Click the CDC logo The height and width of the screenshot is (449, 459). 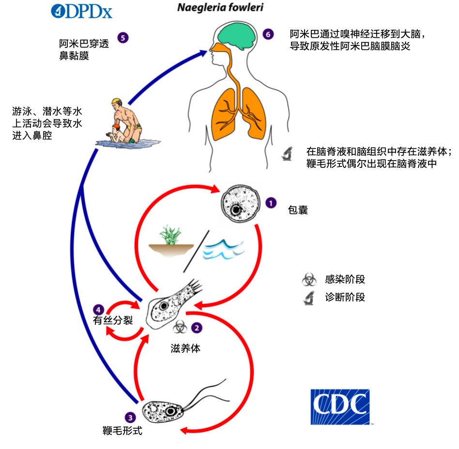click(340, 406)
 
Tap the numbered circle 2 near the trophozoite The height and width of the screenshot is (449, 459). click(197, 328)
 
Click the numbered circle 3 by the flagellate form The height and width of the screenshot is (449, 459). click(130, 416)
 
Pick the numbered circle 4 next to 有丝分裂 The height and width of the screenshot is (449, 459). click(99, 309)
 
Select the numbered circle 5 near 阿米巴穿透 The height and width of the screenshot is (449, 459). click(123, 37)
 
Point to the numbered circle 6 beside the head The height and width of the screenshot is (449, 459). click(268, 34)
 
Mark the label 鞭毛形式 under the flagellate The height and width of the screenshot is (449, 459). click(122, 430)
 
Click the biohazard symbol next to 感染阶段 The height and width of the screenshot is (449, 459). click(308, 279)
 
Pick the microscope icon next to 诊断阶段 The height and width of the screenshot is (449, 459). click(308, 298)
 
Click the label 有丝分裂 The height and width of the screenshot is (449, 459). click(113, 320)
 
